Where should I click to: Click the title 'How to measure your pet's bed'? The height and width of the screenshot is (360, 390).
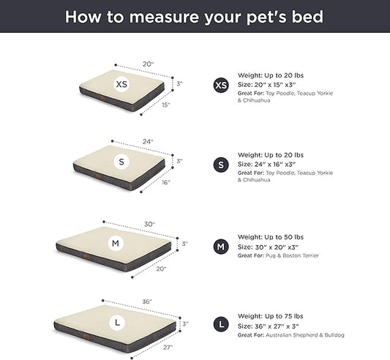coord(194,16)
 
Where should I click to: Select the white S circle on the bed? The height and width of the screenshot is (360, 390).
coord(121,161)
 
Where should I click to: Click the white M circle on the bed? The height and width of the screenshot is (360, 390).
coord(116,242)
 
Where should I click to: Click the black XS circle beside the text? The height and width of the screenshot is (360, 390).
coord(220,86)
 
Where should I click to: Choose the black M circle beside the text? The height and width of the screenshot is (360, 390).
coord(220,247)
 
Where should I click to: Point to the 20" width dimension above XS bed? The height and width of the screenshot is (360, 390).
coord(149,64)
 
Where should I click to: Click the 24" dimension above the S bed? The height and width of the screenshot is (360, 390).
coord(149,140)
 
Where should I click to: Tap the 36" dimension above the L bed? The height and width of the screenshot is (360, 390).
coord(146,301)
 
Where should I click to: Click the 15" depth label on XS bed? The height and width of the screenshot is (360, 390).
coord(167,105)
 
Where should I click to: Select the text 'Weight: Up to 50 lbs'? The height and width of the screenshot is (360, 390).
coord(271,237)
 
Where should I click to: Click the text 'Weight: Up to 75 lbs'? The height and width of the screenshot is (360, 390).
coord(271,315)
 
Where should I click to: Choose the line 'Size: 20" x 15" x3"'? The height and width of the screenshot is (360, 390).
coord(269,84)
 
